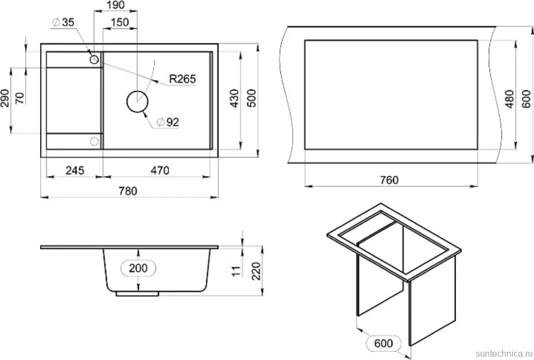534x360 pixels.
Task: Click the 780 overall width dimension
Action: (128, 191)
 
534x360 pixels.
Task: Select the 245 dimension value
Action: (75, 170)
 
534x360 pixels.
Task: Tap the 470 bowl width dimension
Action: (160, 170)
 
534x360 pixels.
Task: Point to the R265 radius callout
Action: (183, 79)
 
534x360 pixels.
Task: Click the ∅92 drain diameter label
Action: (168, 122)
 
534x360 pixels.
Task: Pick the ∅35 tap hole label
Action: (63, 22)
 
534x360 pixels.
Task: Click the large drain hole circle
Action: (137, 101)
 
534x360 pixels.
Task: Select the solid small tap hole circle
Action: (94, 59)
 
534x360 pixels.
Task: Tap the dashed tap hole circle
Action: (94, 141)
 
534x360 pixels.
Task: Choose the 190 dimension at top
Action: (116, 5)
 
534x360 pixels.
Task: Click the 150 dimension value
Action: (120, 23)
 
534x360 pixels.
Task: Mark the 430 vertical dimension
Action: (235, 99)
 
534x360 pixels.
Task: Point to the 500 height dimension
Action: (252, 99)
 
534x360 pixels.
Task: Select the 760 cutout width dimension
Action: (389, 180)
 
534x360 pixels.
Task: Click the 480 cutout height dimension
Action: (509, 99)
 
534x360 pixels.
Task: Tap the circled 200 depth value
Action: (138, 268)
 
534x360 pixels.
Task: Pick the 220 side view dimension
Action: (256, 271)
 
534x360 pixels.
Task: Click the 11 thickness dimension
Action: (236, 271)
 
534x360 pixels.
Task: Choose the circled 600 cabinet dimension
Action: (384, 343)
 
